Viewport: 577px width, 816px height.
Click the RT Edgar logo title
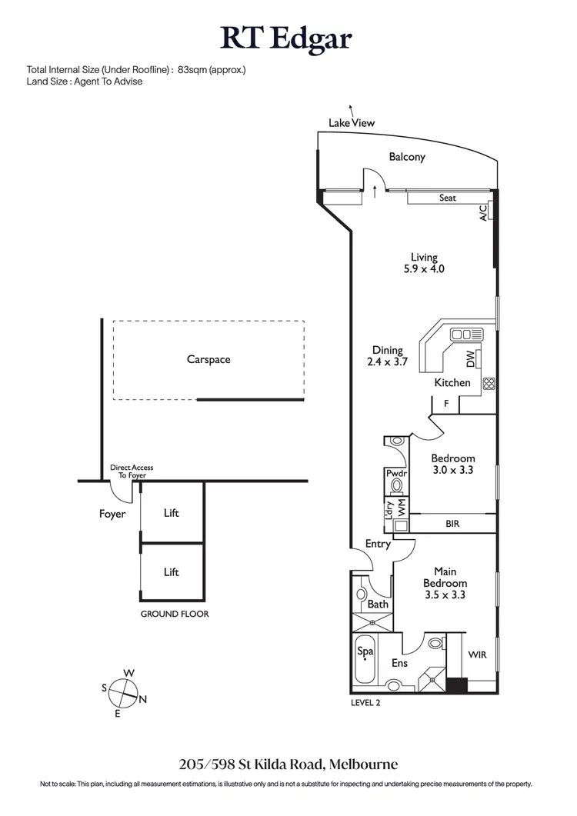click(288, 37)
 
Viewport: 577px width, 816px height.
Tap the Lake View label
click(352, 122)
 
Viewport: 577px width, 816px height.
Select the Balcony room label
click(406, 157)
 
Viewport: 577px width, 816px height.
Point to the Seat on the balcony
click(447, 198)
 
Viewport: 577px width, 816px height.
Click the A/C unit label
click(484, 212)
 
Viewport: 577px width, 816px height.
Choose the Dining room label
click(388, 350)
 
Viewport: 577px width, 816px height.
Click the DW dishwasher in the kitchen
click(471, 358)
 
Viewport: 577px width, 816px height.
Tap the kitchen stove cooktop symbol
click(487, 382)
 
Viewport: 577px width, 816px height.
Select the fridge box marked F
click(446, 403)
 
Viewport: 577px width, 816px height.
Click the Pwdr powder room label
click(396, 474)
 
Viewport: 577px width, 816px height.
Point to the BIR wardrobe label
click(454, 524)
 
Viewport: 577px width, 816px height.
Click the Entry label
click(378, 544)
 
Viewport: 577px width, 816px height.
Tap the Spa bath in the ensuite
click(365, 651)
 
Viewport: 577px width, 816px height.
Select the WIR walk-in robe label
click(477, 655)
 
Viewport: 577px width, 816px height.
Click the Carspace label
click(208, 359)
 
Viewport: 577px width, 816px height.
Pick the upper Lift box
click(172, 512)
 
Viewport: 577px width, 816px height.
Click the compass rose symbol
click(122, 694)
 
